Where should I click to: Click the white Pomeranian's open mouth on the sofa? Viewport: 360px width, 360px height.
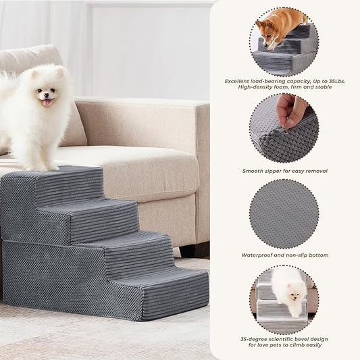46,102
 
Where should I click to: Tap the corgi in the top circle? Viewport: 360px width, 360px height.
278,26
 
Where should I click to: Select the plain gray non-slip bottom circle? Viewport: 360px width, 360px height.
284,213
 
